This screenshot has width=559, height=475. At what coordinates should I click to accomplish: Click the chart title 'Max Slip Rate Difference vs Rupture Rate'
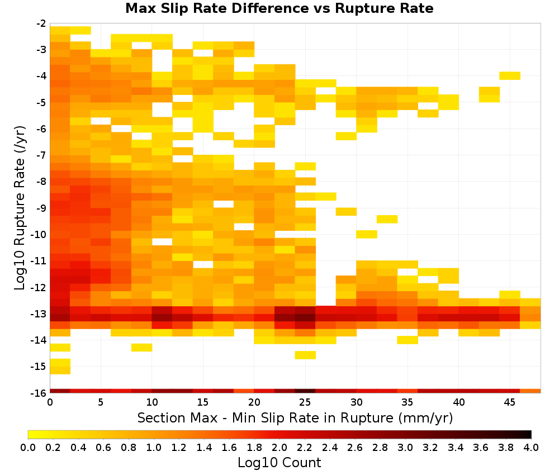pyautogui.click(x=279, y=8)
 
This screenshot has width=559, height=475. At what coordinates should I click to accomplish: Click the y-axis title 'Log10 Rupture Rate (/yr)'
pyautogui.click(x=20, y=208)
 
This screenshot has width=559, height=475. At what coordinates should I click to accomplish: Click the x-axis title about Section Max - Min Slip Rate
pyautogui.click(x=295, y=417)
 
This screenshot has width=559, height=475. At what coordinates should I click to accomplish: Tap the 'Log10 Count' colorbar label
pyautogui.click(x=279, y=463)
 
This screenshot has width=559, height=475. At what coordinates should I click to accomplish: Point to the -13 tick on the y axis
pyautogui.click(x=41, y=314)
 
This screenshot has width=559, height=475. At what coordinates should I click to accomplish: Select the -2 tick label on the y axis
pyautogui.click(x=41, y=23)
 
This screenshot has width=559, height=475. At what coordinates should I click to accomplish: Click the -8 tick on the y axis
pyautogui.click(x=41, y=182)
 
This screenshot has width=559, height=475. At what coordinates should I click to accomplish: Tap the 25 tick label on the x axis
pyautogui.click(x=305, y=402)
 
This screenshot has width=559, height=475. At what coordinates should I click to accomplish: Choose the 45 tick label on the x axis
pyautogui.click(x=510, y=402)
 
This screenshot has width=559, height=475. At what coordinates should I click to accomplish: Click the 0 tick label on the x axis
pyautogui.click(x=50, y=402)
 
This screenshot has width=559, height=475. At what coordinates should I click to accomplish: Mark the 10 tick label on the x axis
pyautogui.click(x=152, y=402)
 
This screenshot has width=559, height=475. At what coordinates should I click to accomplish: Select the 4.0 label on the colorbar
pyautogui.click(x=531, y=447)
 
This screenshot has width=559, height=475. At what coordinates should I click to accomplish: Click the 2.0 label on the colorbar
pyautogui.click(x=279, y=447)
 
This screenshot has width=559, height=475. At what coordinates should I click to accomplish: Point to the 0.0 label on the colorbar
pyautogui.click(x=28, y=447)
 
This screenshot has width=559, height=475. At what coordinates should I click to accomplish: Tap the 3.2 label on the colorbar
pyautogui.click(x=430, y=447)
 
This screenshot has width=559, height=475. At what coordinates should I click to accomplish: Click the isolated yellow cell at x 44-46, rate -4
pyautogui.click(x=510, y=75)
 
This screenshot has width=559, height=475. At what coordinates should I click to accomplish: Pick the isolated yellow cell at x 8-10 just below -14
pyautogui.click(x=142, y=347)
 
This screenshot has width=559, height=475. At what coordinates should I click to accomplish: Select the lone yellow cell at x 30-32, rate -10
pyautogui.click(x=367, y=234)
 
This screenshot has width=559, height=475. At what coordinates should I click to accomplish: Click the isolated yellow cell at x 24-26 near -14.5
pyautogui.click(x=305, y=355)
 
